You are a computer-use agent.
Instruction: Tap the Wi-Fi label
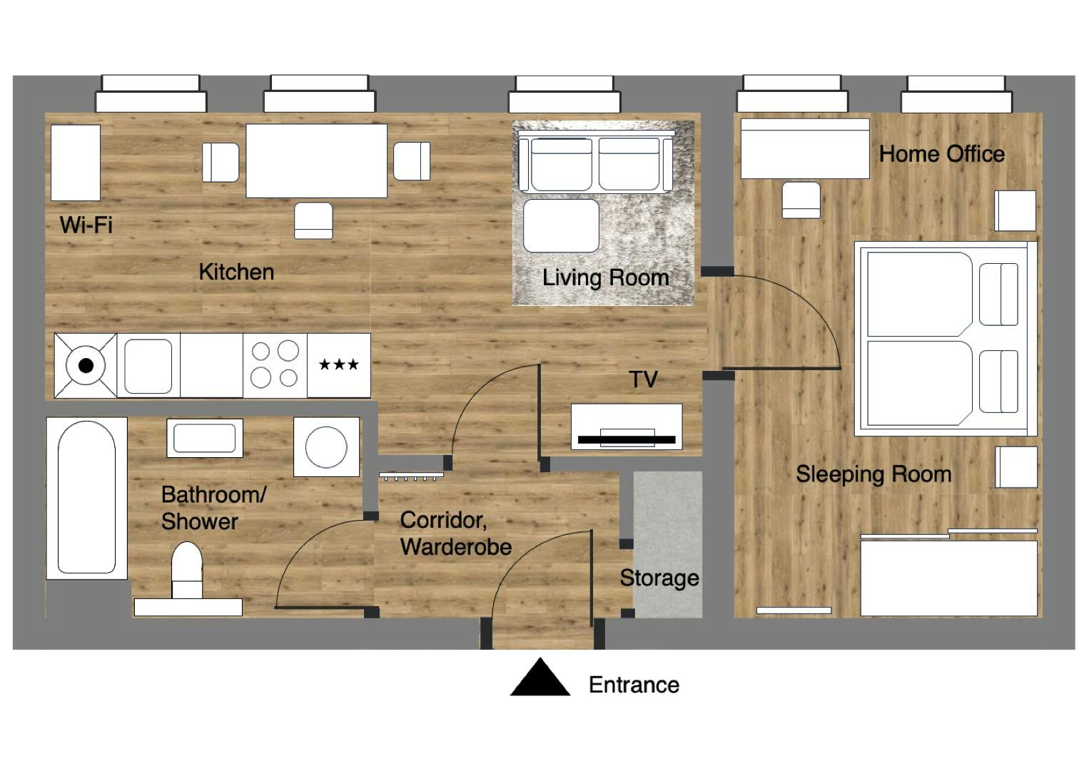point(86,225)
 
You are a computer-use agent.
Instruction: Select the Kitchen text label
point(235,272)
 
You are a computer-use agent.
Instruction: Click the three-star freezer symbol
point(338,365)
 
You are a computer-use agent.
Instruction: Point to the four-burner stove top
point(275,365)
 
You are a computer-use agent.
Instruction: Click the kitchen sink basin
point(148,366)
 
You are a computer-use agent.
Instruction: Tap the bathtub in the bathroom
point(86,497)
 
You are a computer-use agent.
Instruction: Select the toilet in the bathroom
point(187,567)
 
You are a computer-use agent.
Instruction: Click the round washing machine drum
point(326,447)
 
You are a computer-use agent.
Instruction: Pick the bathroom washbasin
point(204,438)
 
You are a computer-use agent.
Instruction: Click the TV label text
point(642,379)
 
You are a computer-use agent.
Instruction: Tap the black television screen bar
point(626,439)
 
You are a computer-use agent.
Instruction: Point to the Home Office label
point(941,153)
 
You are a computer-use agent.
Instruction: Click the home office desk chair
point(801,200)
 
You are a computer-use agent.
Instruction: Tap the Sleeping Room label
point(873,474)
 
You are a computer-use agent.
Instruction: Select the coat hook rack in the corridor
point(411,476)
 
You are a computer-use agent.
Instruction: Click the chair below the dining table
point(313,220)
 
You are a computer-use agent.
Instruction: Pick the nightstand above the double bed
point(1015,210)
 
